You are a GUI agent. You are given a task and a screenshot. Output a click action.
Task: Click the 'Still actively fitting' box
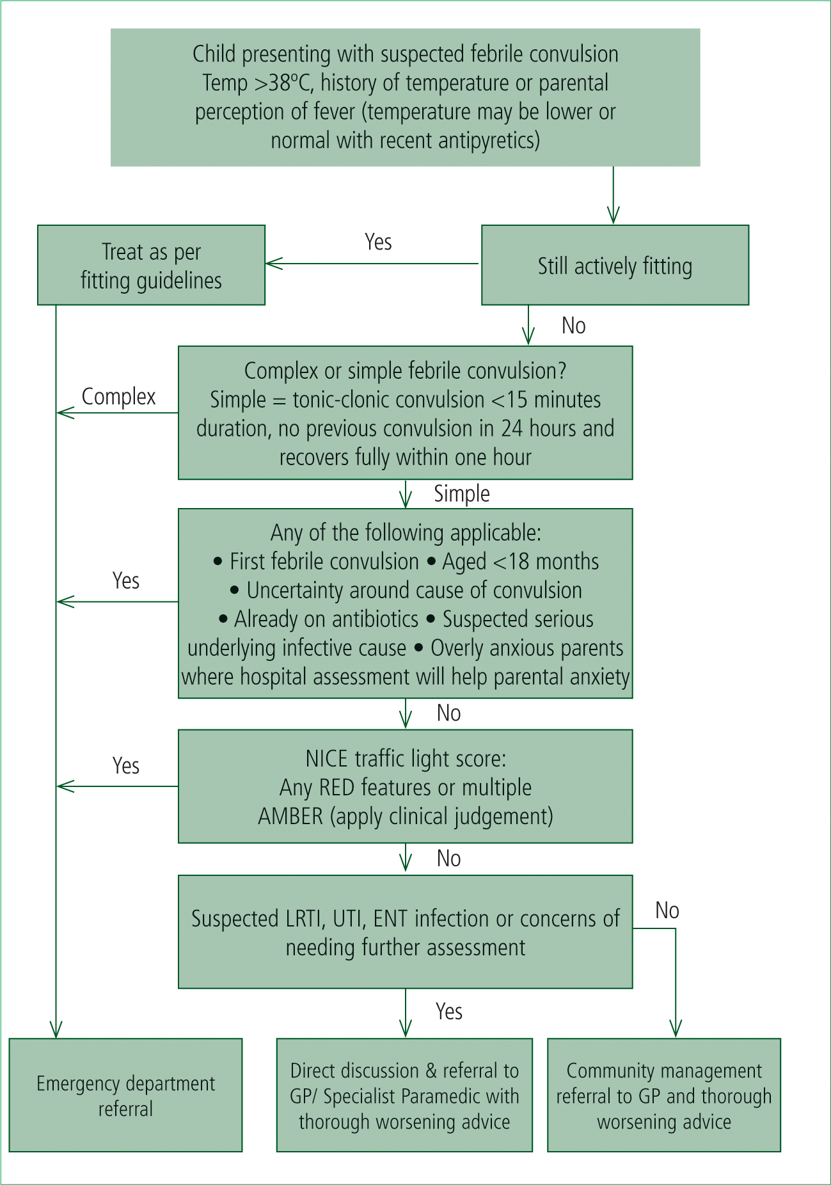[615, 265]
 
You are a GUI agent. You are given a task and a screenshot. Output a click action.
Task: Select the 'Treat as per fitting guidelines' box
[151, 265]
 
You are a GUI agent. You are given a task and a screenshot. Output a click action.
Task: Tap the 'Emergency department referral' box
[125, 1095]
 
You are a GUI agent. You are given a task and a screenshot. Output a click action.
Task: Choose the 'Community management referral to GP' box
[664, 1095]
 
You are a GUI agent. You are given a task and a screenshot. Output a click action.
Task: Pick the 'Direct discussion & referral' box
[404, 1095]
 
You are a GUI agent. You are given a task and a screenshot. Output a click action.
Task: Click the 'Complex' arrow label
[118, 397]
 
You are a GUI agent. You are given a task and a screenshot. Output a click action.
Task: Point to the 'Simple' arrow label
[462, 493]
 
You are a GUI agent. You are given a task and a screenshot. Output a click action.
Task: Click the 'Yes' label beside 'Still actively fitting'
[378, 242]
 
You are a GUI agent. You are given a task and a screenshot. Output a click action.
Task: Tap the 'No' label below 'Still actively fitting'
[574, 326]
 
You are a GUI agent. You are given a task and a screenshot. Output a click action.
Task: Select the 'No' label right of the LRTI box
[667, 911]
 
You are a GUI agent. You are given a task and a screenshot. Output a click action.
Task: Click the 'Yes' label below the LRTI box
[449, 1011]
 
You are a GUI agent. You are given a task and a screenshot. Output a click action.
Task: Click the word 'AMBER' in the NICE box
[290, 816]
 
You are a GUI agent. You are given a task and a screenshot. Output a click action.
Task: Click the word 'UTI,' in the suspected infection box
[350, 919]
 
